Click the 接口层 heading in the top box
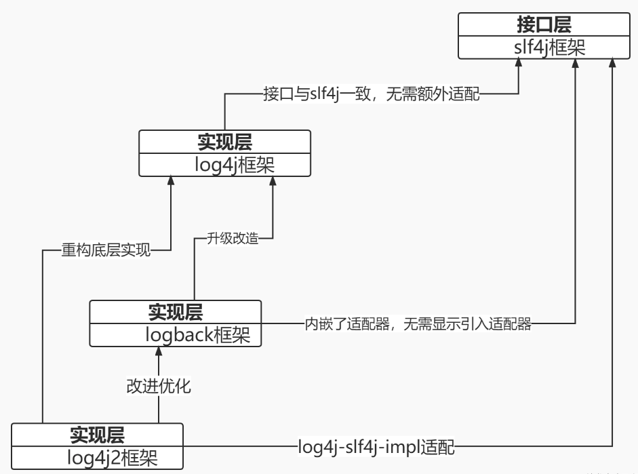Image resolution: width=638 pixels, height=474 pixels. click(x=544, y=25)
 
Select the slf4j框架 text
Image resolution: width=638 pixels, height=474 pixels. click(x=544, y=47)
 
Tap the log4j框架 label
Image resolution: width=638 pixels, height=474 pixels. click(x=224, y=165)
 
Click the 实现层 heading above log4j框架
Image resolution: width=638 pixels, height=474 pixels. click(x=224, y=142)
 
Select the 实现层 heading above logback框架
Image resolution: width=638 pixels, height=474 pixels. click(x=175, y=312)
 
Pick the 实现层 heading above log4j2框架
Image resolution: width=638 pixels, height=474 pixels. click(x=98, y=435)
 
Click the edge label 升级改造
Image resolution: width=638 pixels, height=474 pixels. click(x=232, y=238)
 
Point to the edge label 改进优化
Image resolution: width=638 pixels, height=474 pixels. click(x=159, y=387)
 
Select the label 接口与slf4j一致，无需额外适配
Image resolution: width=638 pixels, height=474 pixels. click(x=371, y=94)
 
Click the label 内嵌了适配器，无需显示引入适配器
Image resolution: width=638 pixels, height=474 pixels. click(x=418, y=324)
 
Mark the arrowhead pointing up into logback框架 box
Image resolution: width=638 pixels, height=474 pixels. click(x=159, y=351)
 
